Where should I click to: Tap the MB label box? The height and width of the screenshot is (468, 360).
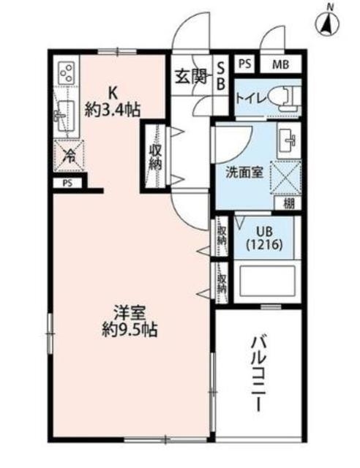pos(281,64)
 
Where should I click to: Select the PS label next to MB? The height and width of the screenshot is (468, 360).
pos(244,64)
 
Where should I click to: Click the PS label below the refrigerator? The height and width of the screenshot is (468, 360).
pos(67,183)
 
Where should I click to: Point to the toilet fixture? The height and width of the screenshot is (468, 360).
pos(282,95)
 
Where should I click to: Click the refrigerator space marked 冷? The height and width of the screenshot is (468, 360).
pos(67,154)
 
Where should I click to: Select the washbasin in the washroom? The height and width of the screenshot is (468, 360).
pos(287,138)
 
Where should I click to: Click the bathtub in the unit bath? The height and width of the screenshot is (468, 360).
pos(267,281)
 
